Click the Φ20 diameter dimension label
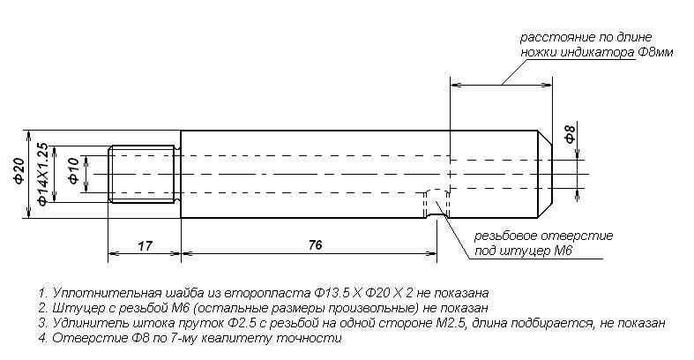pyautogui.click(x=19, y=171)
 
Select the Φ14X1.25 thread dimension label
pyautogui.click(x=42, y=174)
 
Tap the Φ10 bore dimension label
pyautogui.click(x=73, y=170)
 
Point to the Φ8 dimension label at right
pyautogui.click(x=571, y=134)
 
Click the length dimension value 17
pyautogui.click(x=145, y=246)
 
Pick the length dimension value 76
pyautogui.click(x=315, y=245)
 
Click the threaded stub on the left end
pyautogui.click(x=145, y=174)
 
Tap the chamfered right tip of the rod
pyautogui.click(x=545, y=174)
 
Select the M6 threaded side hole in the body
pyautogui.click(x=437, y=204)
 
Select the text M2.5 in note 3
pyautogui.click(x=449, y=323)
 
